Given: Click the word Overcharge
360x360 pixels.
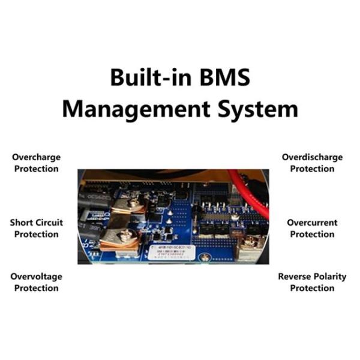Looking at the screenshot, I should coord(36,157).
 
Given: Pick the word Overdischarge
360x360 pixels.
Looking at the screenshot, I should coord(312,157).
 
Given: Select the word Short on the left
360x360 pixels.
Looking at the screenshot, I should coord(22,223).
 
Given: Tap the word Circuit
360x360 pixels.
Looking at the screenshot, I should coord(50,223).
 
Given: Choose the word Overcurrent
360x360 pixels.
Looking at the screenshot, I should coord(312,223).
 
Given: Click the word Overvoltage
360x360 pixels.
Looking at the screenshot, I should coord(36,277).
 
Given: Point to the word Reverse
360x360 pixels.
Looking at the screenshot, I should coord(295,277).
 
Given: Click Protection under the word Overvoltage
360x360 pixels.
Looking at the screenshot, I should coord(36,288).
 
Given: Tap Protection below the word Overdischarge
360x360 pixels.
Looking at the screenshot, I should coord(312,169).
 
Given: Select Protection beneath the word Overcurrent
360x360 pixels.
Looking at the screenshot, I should coord(312,234).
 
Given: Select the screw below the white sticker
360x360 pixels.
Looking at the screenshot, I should coord(205,257).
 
